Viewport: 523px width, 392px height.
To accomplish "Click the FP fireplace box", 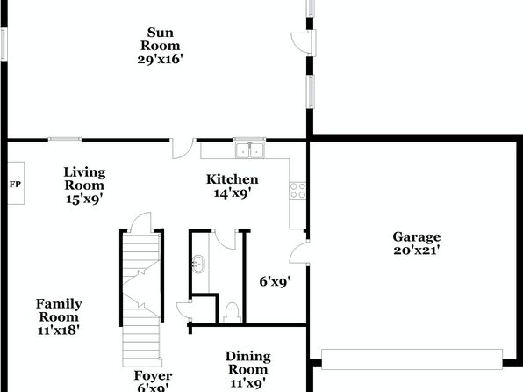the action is pos(16,183).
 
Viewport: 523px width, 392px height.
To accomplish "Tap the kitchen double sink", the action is pos(249,150).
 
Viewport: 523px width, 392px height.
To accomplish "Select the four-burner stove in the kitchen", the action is pos(297,191).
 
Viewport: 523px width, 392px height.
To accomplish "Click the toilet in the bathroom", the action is pos(232,313).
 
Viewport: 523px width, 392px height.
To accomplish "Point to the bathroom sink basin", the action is pos(198,264).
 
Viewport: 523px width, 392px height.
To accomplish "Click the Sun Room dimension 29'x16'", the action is pos(160,59).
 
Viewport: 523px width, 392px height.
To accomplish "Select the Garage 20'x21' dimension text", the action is pos(417,250).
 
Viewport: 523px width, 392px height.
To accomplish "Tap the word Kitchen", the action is pos(233,179).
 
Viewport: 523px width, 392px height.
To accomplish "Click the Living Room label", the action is pos(84,178).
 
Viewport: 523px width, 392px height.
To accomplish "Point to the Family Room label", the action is pos(59,310).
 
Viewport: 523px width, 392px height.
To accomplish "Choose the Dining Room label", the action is pos(248,363).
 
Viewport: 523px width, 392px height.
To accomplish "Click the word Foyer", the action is pos(153,375).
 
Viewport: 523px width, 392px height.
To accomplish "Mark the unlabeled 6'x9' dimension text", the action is pos(275,282).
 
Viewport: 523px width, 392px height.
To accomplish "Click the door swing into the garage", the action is pos(299,252).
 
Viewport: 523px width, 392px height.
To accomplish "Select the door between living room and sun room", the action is pos(183,149).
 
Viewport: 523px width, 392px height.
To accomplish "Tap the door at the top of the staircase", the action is pos(141,221).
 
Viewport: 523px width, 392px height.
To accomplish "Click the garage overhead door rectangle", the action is pos(412,359).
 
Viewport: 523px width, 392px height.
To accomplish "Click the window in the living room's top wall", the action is pos(65,140).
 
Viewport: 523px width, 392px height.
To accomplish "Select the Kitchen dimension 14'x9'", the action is pos(233,193).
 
